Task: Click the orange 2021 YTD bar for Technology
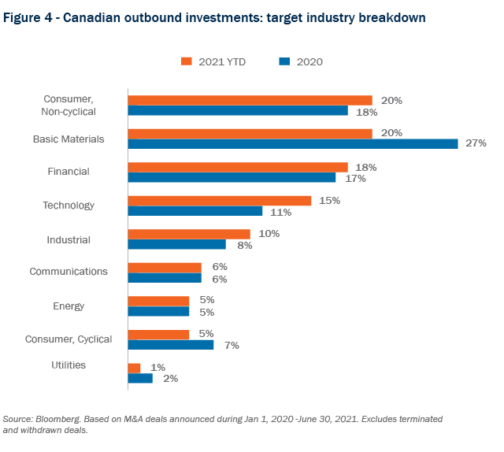click(x=220, y=201)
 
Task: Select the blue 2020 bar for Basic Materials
click(x=293, y=144)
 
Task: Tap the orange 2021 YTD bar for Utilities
click(x=135, y=368)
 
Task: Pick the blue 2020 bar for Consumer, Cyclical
click(x=171, y=345)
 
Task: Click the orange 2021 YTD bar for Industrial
click(x=189, y=234)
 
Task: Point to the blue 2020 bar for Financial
click(x=232, y=178)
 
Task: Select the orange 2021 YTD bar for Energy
click(x=159, y=301)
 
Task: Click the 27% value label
click(x=476, y=143)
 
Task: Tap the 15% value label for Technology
click(x=329, y=201)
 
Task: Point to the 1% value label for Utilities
click(x=158, y=367)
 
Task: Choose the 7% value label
click(x=232, y=345)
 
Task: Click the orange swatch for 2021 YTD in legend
click(x=187, y=61)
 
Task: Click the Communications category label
click(x=69, y=272)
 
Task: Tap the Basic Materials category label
click(x=69, y=139)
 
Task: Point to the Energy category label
click(x=69, y=306)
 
